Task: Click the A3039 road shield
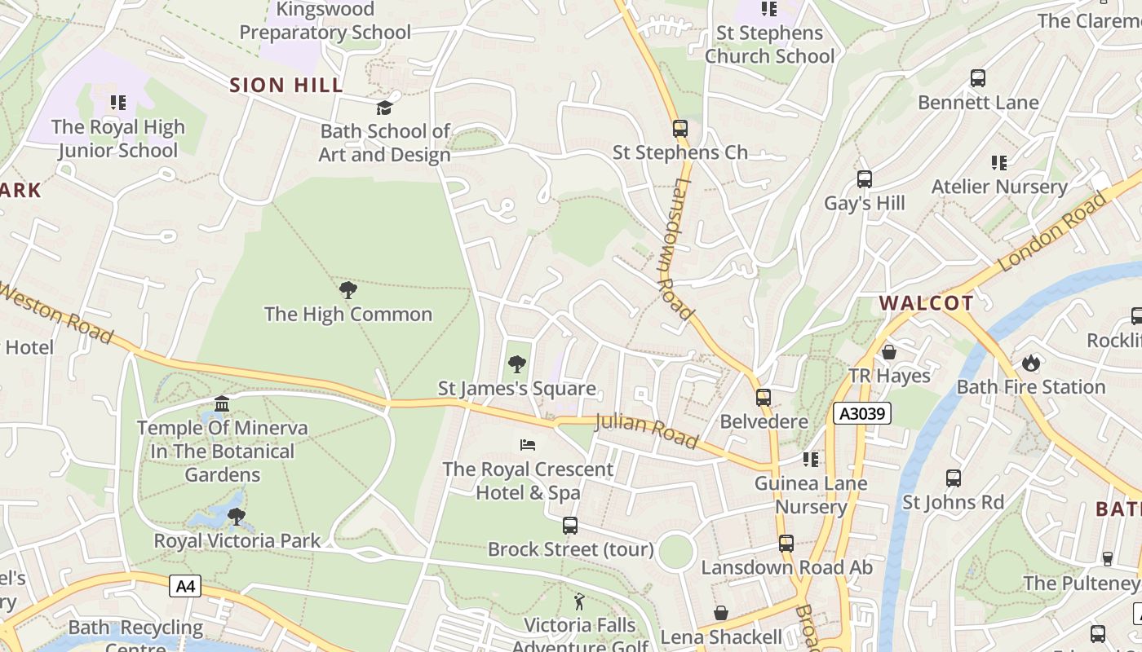(x=861, y=414)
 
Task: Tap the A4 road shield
(x=185, y=585)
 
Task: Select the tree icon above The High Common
(x=348, y=290)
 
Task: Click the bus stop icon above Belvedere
(x=764, y=398)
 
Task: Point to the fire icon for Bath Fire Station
(x=1031, y=363)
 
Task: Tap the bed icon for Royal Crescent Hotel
(x=528, y=445)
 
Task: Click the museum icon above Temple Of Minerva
(x=222, y=403)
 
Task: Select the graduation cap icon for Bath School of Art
(x=384, y=108)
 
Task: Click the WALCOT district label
(x=926, y=303)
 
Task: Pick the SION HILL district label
(x=286, y=85)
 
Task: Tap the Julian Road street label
(x=647, y=431)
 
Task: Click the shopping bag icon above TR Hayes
(x=889, y=352)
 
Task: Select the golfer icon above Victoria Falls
(x=579, y=601)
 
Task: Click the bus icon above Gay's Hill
(x=865, y=179)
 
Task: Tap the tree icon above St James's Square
(x=516, y=364)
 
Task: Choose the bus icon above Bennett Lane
(x=978, y=78)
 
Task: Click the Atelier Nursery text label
(x=999, y=187)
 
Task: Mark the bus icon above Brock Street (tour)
(x=570, y=526)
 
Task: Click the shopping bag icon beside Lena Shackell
(x=721, y=613)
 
